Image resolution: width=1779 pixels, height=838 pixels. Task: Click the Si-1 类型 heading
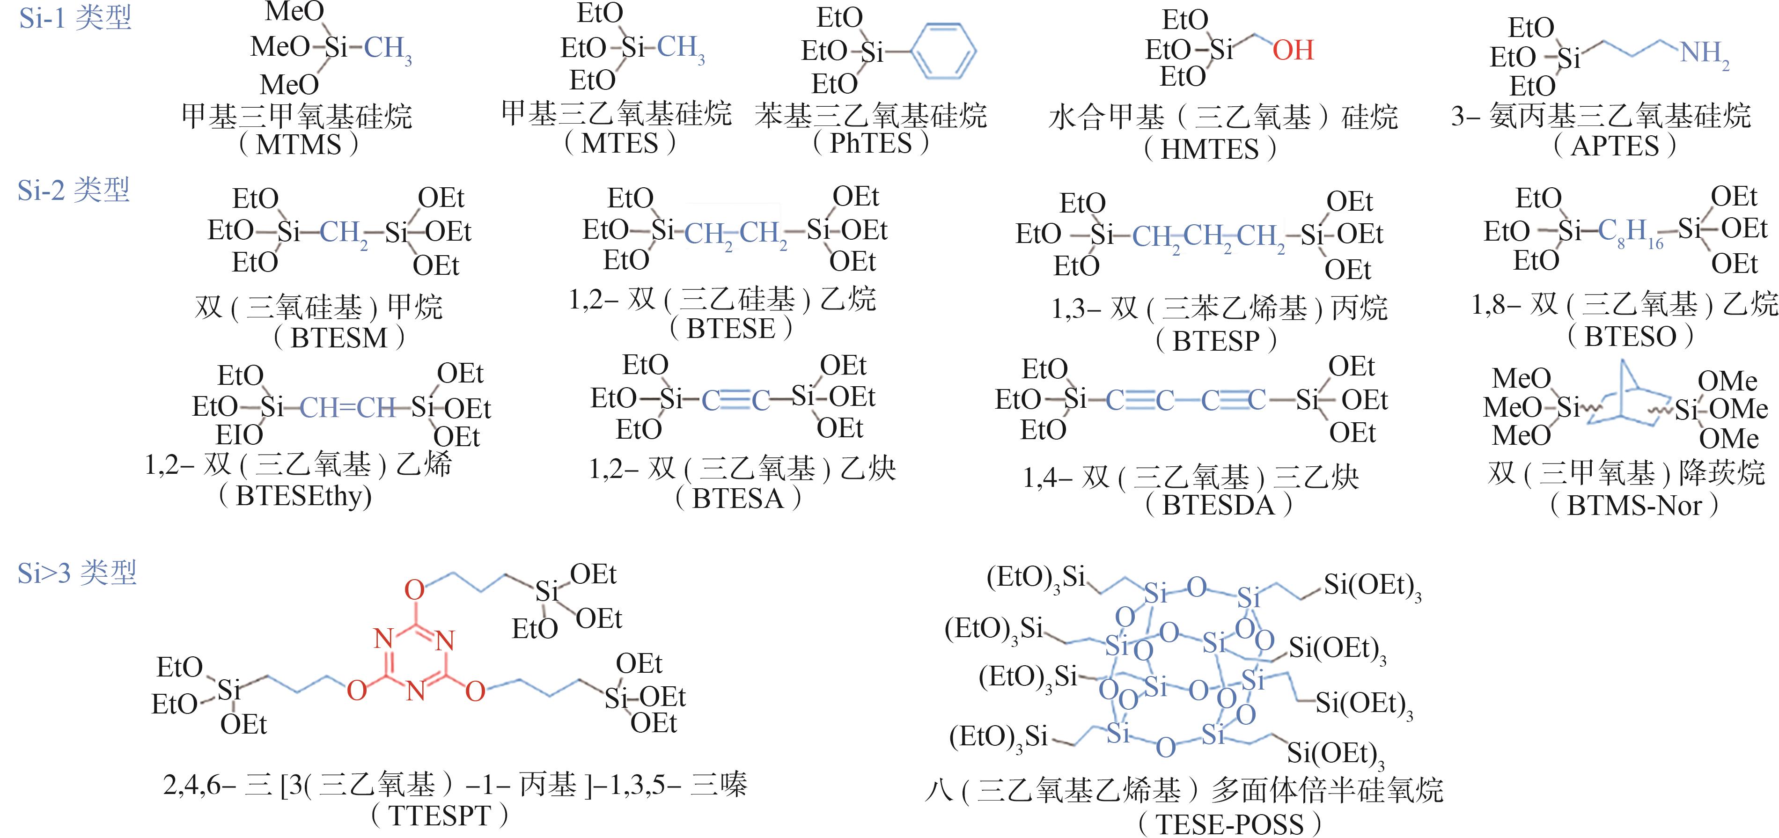pos(74,18)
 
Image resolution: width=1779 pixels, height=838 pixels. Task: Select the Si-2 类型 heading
pos(73,190)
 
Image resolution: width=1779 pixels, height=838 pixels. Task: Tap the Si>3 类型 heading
pos(77,573)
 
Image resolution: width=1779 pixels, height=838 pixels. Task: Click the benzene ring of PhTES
pos(943,51)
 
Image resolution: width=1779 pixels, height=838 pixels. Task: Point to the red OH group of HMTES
pos(1293,50)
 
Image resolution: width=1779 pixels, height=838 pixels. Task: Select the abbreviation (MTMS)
pos(298,145)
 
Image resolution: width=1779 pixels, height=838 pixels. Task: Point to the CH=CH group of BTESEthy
pos(348,408)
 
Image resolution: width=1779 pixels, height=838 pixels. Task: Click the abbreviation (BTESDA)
pos(1218,505)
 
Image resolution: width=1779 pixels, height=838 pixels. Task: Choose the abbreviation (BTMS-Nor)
pos(1634,506)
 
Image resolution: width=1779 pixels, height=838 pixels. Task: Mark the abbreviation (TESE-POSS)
pos(1229,824)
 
